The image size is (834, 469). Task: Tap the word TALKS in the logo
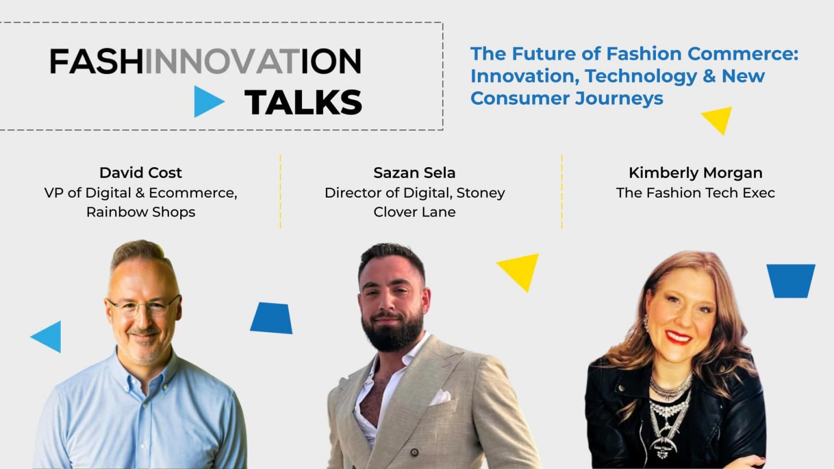tap(303, 102)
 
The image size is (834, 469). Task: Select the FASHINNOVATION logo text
tap(205, 61)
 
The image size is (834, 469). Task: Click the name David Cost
tap(141, 173)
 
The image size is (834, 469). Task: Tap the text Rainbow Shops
tap(141, 212)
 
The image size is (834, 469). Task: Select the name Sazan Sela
tap(414, 173)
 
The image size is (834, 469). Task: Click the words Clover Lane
tap(414, 212)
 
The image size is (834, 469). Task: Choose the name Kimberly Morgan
tap(695, 173)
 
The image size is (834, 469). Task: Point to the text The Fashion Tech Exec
tap(695, 193)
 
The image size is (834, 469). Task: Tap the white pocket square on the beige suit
tap(443, 396)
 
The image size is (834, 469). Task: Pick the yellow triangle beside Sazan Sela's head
tap(520, 270)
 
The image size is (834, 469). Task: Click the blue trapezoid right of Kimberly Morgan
tap(791, 280)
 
